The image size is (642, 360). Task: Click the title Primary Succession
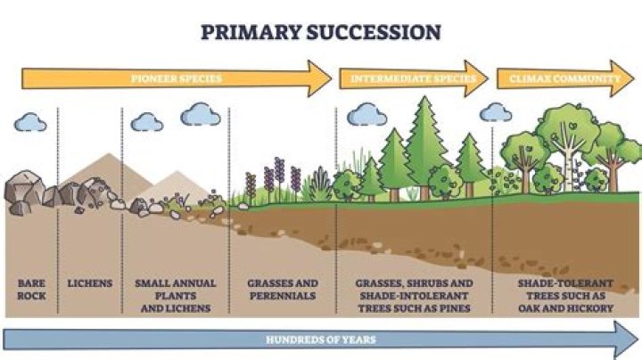(321, 32)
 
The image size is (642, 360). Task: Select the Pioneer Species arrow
(177, 78)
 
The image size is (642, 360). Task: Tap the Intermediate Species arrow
(414, 78)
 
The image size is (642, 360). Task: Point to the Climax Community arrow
(565, 78)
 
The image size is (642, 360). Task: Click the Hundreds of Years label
(321, 340)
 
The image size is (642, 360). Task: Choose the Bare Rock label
(31, 290)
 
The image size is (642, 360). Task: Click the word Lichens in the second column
(90, 283)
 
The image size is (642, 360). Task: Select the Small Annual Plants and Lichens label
(176, 295)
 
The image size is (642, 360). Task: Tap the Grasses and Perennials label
(283, 290)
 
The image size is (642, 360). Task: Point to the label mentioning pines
(414, 295)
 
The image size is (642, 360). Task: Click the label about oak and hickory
(566, 295)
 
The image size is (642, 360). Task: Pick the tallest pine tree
(425, 148)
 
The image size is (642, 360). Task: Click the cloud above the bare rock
(30, 122)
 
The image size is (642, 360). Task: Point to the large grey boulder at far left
(25, 187)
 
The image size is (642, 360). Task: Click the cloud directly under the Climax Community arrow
(496, 112)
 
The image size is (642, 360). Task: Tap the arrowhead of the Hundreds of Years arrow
(627, 340)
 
